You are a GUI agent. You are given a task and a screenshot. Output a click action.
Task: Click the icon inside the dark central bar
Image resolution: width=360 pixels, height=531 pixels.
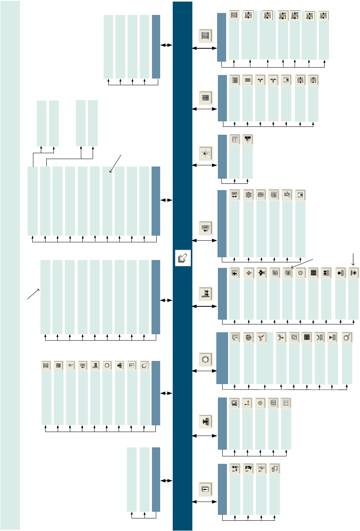[x=183, y=258]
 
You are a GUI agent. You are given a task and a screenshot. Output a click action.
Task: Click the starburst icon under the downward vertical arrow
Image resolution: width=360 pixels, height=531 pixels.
[x=354, y=273]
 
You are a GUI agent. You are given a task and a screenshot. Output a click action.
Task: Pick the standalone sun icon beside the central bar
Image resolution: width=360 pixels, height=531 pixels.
[x=205, y=359]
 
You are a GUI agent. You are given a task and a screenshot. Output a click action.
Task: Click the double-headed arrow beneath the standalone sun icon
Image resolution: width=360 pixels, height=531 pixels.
[x=204, y=370]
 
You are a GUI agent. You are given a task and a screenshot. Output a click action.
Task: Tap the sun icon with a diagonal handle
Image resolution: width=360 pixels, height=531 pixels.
[x=347, y=337]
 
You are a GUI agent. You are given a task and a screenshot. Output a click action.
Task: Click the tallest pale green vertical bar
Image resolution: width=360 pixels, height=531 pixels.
[x=10, y=265]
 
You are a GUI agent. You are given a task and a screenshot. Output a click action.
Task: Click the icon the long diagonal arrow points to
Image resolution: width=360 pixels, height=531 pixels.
[x=287, y=273]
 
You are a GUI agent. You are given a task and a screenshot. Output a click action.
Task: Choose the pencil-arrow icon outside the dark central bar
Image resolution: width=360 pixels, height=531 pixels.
[x=144, y=365]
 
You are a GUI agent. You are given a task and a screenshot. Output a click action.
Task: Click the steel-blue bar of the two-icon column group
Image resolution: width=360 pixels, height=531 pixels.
[x=222, y=157]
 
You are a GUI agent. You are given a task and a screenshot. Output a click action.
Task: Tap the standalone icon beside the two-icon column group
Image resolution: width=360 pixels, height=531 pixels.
[x=205, y=153]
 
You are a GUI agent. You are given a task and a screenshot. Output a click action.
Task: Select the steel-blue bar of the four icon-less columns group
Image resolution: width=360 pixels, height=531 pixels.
[x=156, y=47]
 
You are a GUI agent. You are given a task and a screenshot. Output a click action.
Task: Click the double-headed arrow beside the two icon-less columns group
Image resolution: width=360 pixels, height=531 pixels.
[x=166, y=480]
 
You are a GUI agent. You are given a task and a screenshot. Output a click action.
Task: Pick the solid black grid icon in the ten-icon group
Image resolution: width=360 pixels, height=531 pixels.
[x=313, y=273]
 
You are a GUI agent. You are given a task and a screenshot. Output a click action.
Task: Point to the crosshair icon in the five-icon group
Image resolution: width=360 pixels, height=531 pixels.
[x=260, y=403]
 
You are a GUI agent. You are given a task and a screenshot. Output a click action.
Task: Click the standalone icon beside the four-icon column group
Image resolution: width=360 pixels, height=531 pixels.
[x=205, y=489]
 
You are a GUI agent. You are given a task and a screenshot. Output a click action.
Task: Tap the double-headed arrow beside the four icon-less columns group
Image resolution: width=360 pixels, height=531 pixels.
[x=166, y=45]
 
